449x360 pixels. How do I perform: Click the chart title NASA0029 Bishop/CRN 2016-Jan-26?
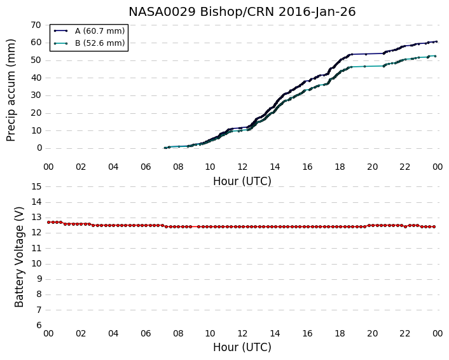[x=242, y=12]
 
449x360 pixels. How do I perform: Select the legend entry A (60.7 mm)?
[x=100, y=31]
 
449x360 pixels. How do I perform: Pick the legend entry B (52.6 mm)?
[x=100, y=43]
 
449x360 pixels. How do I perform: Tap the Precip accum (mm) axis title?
[x=11, y=90]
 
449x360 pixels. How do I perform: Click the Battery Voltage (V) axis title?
[x=19, y=257]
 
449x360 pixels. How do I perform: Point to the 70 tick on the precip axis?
[x=36, y=25]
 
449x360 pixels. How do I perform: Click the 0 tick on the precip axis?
[x=39, y=148]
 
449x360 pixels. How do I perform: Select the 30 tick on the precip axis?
[x=36, y=95]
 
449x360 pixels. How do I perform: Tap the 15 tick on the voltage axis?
[x=36, y=187]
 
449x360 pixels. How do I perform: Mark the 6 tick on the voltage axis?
[x=39, y=326]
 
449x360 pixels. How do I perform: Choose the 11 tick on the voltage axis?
[x=36, y=248]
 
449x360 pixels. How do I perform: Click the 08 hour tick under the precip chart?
[x=178, y=167]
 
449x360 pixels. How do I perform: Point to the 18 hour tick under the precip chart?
[x=340, y=167]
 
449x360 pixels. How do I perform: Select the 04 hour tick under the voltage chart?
[x=113, y=334]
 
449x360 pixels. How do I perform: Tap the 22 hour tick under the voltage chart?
[x=405, y=334]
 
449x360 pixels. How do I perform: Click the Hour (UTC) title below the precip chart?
[x=242, y=181]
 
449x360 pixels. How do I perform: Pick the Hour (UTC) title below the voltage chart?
[x=242, y=347]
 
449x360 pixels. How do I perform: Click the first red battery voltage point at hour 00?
[x=49, y=222]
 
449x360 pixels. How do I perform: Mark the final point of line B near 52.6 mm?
[x=435, y=56]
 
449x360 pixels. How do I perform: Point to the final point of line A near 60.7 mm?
[x=436, y=41]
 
